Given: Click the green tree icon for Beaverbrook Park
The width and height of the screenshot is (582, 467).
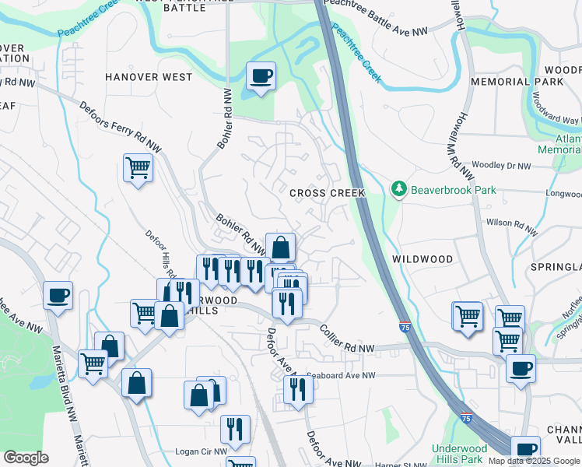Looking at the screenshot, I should point(399,189).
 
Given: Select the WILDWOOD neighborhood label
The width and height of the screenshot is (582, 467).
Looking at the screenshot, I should point(422,258).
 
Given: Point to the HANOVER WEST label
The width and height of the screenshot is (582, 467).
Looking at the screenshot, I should point(149,77).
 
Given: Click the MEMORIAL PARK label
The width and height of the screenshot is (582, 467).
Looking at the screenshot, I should point(516,82).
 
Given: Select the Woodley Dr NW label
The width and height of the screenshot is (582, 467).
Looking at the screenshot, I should point(501,166).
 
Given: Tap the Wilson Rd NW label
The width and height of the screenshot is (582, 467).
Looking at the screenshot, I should point(511,226).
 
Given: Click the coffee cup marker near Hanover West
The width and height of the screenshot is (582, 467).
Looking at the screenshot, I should point(261,76).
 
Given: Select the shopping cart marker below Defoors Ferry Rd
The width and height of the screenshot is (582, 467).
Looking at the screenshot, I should point(138,167).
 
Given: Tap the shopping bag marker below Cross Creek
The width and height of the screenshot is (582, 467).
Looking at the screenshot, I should point(280,248).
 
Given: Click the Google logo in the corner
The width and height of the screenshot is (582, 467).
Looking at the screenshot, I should point(26,458).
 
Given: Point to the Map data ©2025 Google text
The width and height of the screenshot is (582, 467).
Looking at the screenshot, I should point(535,461).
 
